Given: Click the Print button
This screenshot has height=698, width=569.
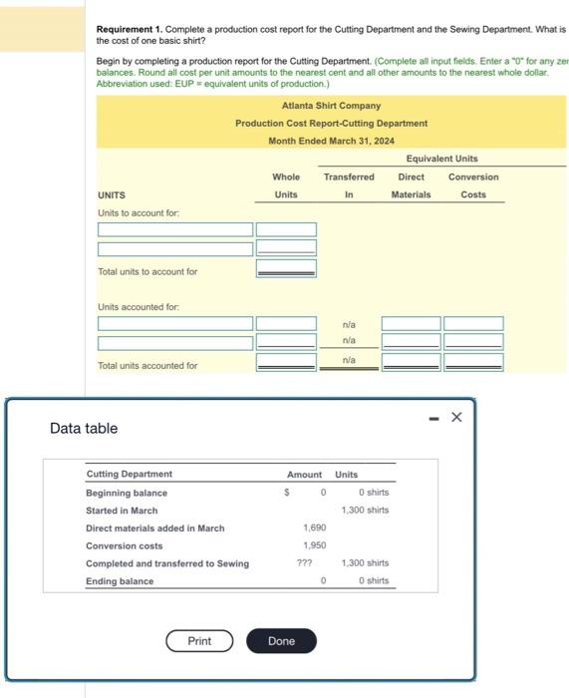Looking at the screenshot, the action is point(199,640).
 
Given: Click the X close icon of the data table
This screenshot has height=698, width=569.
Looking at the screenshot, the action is point(456,417).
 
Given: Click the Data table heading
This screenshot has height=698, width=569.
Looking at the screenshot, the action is point(84,429).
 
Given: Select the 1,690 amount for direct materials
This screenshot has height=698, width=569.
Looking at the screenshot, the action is point(314,528).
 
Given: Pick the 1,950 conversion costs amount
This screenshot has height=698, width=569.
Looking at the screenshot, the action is point(314,546).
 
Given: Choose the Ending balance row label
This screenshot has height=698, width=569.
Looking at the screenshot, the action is point(120,581).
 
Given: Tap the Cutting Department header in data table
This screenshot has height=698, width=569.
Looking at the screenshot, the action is point(129,475).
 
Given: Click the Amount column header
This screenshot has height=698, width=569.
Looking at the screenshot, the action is point(304,475).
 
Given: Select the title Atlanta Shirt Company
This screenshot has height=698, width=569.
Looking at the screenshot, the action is point(331,106).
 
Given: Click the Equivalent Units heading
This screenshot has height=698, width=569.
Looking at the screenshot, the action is point(441,159).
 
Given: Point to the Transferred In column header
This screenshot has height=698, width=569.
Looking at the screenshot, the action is point(349,185).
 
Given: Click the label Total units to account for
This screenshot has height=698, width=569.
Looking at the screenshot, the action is point(147,271).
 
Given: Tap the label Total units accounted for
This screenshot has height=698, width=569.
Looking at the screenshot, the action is point(147,366).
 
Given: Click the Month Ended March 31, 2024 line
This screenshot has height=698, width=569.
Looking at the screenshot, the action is point(331,141).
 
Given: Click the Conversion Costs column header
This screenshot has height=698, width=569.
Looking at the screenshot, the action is point(473,185).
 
